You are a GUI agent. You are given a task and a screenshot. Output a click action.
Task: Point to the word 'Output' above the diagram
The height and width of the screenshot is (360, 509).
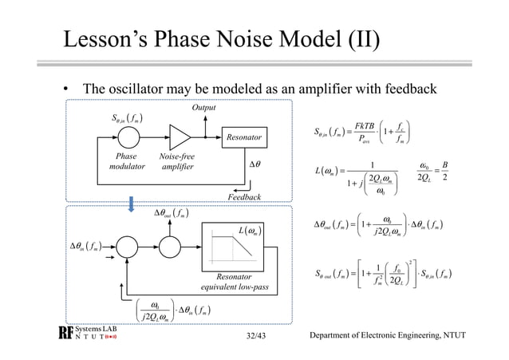206,107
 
